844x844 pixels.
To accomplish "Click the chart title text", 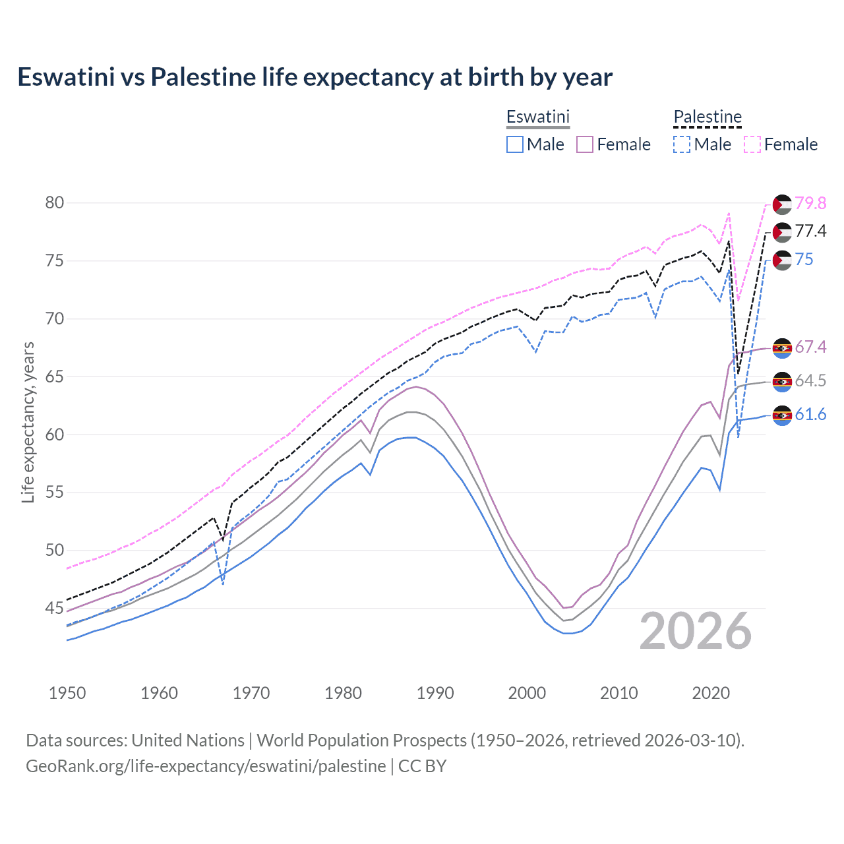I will tap(315, 77).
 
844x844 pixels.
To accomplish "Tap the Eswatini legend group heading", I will tap(537, 117).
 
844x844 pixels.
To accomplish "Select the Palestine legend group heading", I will tap(708, 117).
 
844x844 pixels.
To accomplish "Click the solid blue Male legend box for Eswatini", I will tap(515, 144).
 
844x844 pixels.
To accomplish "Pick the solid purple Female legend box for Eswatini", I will tap(585, 144).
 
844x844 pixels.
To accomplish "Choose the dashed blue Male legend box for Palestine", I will tap(682, 144).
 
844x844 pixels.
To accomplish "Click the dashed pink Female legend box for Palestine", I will tap(752, 144).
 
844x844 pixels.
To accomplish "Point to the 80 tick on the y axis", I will tap(55, 202).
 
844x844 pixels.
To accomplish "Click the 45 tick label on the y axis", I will tap(55, 608).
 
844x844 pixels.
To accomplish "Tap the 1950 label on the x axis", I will tap(67, 693).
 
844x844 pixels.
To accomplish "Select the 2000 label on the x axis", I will tap(527, 693).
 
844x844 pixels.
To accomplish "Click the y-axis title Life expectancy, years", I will tap(28, 422).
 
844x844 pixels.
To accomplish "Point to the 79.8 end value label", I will tap(810, 203).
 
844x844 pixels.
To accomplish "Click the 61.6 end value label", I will tap(810, 414).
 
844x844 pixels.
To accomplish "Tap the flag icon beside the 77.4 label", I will tap(781, 232).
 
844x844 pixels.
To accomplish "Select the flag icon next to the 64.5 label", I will tap(781, 381).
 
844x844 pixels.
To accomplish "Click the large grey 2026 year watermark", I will tap(696, 631).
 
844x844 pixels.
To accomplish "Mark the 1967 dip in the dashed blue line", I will tap(224, 584).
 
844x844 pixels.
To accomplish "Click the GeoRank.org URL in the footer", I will tap(206, 766).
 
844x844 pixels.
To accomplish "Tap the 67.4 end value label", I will tap(810, 347).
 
